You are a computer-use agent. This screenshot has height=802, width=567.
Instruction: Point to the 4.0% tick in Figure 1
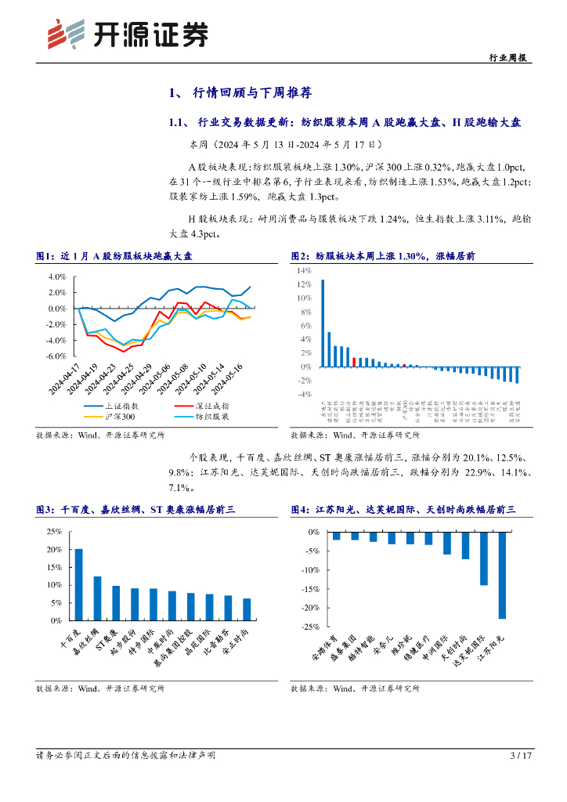click(56, 277)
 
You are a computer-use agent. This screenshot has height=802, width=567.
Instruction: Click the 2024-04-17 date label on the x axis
click(70, 378)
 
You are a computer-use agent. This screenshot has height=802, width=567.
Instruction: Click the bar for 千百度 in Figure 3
click(78, 584)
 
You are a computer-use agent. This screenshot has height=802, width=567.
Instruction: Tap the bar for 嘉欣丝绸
click(97, 598)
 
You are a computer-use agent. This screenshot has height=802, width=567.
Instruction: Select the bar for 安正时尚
click(247, 609)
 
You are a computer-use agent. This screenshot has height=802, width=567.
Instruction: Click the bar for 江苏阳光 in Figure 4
click(502, 575)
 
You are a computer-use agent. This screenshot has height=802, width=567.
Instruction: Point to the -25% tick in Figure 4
click(309, 627)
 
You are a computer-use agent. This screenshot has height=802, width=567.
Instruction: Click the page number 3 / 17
click(521, 756)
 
